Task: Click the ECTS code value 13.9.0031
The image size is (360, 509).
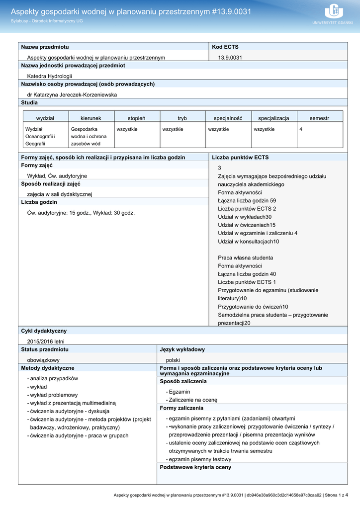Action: (230, 58)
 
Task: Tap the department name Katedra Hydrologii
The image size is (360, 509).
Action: (49, 76)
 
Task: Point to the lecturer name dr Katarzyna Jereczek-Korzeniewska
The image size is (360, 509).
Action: (72, 94)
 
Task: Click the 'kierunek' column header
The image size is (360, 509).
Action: (91, 118)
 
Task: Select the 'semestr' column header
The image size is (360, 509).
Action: (319, 118)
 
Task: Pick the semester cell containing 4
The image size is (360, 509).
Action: (301, 129)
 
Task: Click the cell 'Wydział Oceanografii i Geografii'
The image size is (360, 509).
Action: (40, 136)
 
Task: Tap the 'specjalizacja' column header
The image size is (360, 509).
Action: (273, 118)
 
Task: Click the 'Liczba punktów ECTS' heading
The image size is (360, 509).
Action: (240, 157)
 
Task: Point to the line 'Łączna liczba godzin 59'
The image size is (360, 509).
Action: (247, 200)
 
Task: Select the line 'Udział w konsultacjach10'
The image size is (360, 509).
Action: (249, 242)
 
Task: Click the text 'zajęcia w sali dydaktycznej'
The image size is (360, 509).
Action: (60, 194)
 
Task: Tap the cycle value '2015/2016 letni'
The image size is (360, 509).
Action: (46, 341)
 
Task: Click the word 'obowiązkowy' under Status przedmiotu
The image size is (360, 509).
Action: (43, 360)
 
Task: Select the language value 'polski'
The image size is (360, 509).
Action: (173, 360)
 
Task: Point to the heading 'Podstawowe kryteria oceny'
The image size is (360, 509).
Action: (195, 467)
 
